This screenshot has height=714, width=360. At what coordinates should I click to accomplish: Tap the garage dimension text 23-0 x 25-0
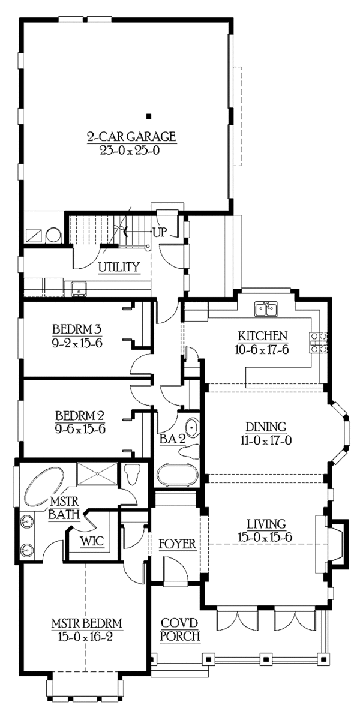tap(131, 150)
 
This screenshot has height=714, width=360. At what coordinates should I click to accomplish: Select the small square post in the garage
tap(149, 116)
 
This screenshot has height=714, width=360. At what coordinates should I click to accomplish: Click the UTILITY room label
tap(119, 267)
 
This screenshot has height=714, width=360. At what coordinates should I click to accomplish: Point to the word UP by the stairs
tap(160, 232)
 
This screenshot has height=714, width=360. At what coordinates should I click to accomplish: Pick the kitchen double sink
tap(265, 310)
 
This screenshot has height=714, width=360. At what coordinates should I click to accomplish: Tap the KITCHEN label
tap(263, 336)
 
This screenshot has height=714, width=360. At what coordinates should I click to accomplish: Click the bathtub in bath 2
tap(176, 475)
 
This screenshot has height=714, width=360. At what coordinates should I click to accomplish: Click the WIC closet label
tap(92, 541)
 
